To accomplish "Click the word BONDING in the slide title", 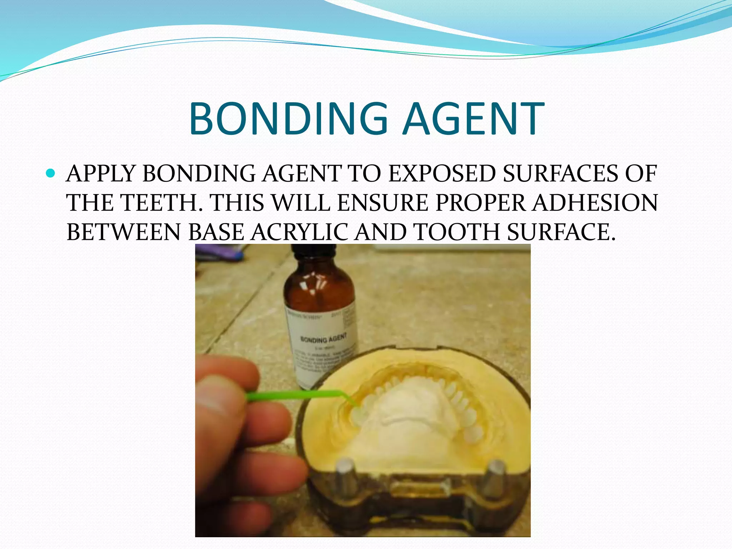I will click(x=288, y=119).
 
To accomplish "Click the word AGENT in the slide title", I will click(x=473, y=119).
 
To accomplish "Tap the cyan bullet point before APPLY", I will click(x=51, y=174).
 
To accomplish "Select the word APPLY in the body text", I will click(x=101, y=174).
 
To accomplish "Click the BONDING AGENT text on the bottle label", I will click(x=323, y=338).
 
